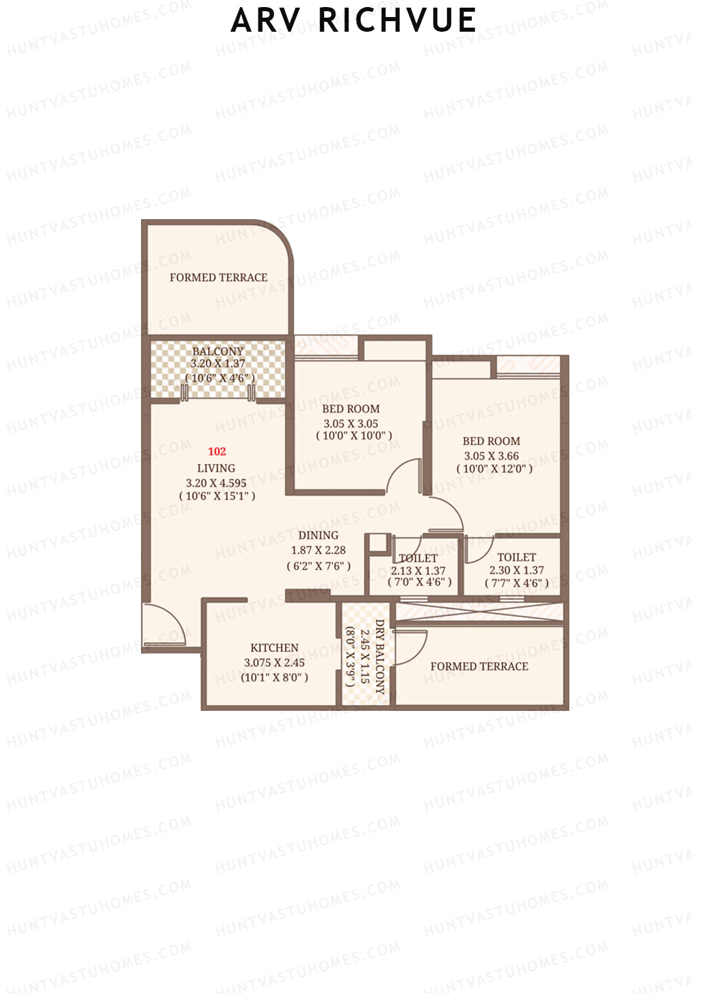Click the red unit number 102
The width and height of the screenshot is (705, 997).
[217, 451]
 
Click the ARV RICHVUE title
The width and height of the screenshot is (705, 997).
[353, 21]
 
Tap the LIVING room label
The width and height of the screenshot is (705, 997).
[216, 468]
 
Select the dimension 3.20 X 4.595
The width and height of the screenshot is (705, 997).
[216, 483]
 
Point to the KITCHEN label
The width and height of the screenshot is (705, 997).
[274, 647]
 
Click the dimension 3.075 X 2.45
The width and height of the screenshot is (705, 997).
[274, 663]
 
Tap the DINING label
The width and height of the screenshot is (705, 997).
[318, 535]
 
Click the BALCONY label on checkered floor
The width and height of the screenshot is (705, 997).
[217, 351]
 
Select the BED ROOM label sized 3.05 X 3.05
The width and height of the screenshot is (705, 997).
[351, 409]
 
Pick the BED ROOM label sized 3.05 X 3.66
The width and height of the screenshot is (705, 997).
[491, 441]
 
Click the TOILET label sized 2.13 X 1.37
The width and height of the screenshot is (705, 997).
[418, 558]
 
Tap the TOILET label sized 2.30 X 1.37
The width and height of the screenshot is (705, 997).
[516, 557]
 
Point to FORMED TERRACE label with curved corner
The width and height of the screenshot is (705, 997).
[219, 277]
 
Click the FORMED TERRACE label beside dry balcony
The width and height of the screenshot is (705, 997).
[479, 666]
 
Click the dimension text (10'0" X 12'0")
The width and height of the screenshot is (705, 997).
[494, 469]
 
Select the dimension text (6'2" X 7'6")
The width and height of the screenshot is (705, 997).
[318, 566]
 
